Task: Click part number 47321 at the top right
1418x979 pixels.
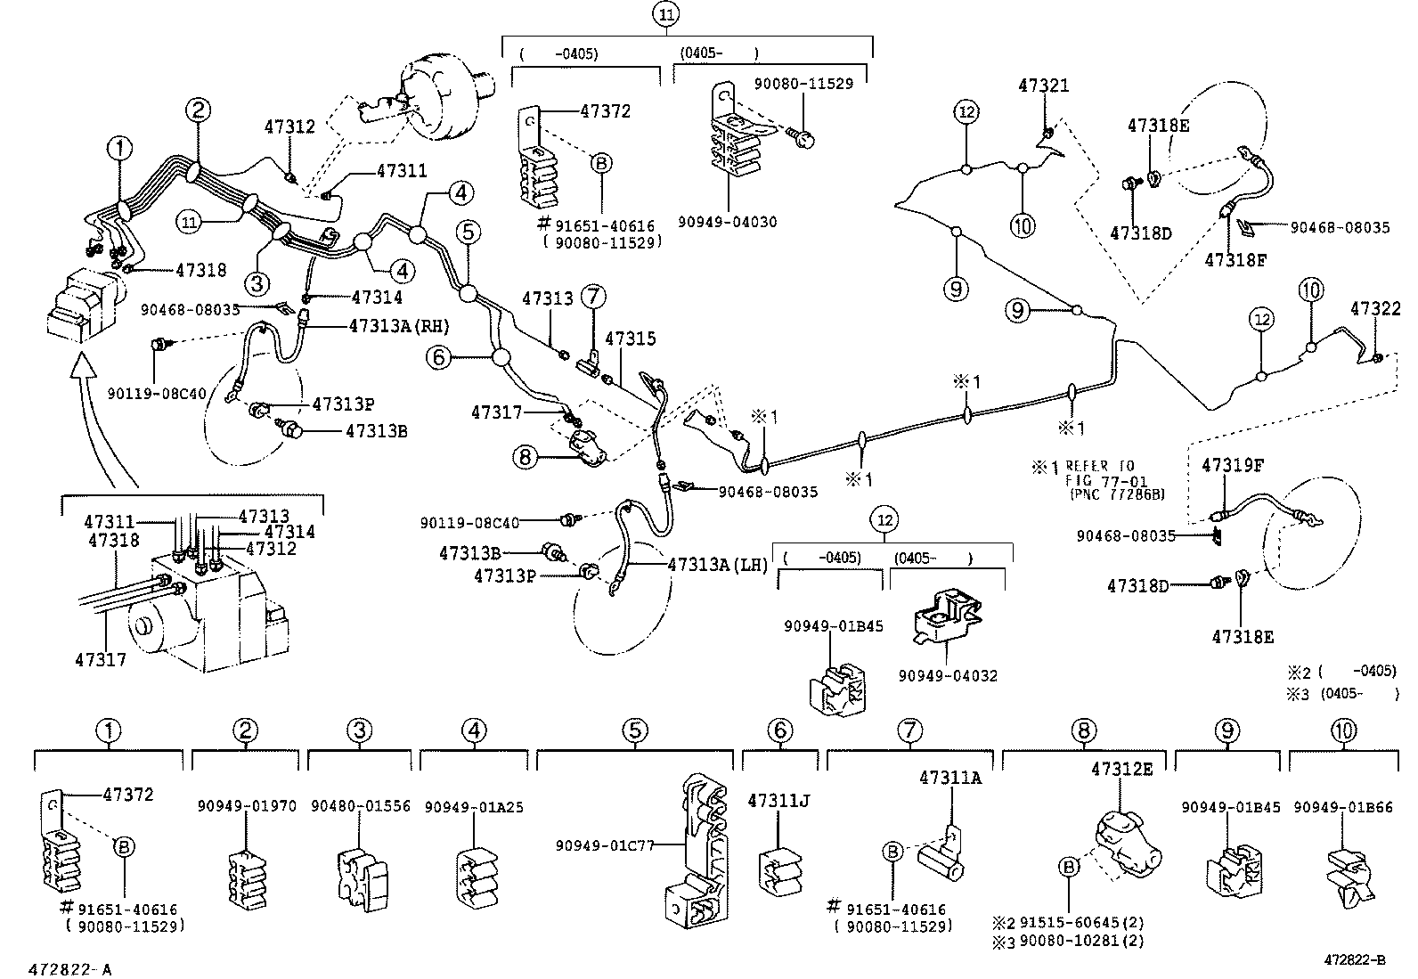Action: (x=1044, y=86)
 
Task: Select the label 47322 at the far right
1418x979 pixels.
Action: (x=1375, y=309)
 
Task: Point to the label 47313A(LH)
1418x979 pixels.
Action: (x=717, y=565)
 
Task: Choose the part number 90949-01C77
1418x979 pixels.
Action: (x=605, y=844)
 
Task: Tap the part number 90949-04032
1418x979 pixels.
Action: (x=948, y=676)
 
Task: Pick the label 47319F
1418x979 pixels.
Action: (x=1234, y=465)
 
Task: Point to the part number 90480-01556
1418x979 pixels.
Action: (x=361, y=806)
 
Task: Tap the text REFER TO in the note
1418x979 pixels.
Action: (x=1100, y=466)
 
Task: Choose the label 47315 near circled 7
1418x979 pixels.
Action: (x=630, y=339)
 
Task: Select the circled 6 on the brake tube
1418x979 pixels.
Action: (x=437, y=358)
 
